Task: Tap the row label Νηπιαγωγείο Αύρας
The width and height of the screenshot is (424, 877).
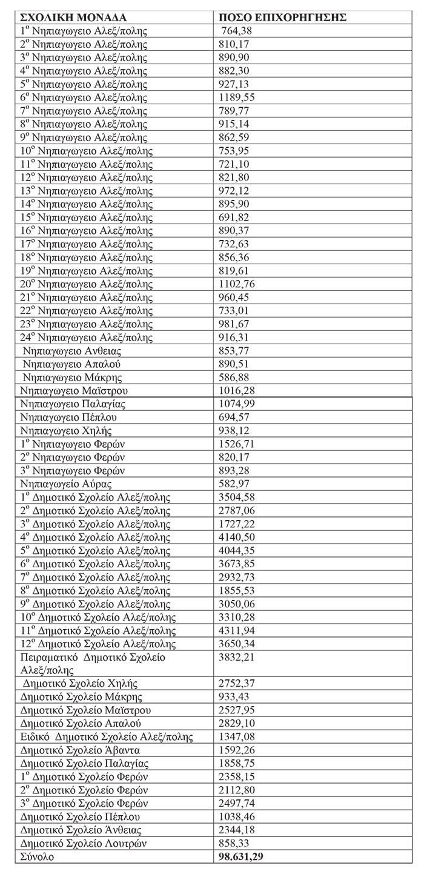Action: (66, 484)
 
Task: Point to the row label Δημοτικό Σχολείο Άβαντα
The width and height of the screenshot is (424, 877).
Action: (76, 750)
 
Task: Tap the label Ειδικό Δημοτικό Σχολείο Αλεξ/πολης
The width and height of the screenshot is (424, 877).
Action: (106, 737)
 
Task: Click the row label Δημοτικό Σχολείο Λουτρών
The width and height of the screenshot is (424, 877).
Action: (84, 844)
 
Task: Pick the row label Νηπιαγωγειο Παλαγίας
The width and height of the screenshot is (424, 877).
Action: (73, 404)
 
